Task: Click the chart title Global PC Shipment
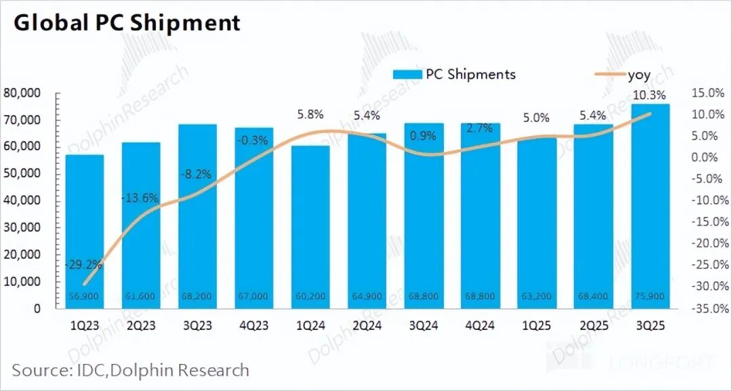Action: click(x=127, y=23)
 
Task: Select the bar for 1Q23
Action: click(x=85, y=230)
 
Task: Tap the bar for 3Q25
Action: click(x=650, y=203)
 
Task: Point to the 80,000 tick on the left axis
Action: click(x=22, y=93)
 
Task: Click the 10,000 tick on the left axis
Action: click(x=22, y=281)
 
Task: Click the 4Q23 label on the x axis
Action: click(x=254, y=326)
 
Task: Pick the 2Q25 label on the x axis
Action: click(x=593, y=326)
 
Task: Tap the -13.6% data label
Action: click(x=140, y=199)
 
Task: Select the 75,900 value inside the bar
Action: click(x=650, y=296)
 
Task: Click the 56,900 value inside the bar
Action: click(x=85, y=296)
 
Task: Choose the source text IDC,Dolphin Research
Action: click(x=130, y=371)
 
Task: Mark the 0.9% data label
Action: click(x=424, y=136)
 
